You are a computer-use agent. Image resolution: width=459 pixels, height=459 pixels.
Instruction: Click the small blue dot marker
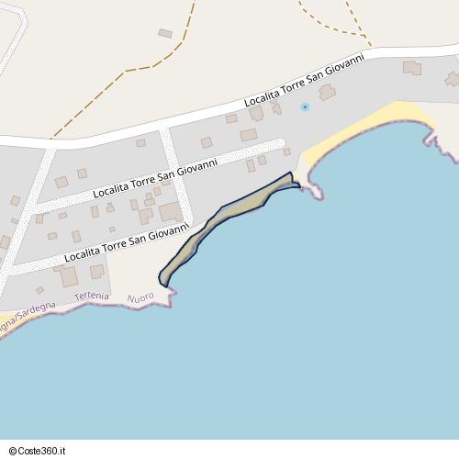(x=305, y=107)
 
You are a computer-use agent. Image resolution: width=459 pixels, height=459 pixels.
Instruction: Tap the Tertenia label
(x=91, y=297)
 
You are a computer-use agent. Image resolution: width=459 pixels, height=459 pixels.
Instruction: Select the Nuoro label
(x=140, y=298)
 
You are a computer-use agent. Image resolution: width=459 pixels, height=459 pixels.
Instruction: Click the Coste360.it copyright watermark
(x=35, y=450)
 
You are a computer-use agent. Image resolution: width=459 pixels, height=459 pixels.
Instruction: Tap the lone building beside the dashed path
(x=165, y=33)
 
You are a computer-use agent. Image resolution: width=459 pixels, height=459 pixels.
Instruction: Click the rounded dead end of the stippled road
(x=281, y=143)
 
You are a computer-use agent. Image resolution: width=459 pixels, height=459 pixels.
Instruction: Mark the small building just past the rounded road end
(x=286, y=151)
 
